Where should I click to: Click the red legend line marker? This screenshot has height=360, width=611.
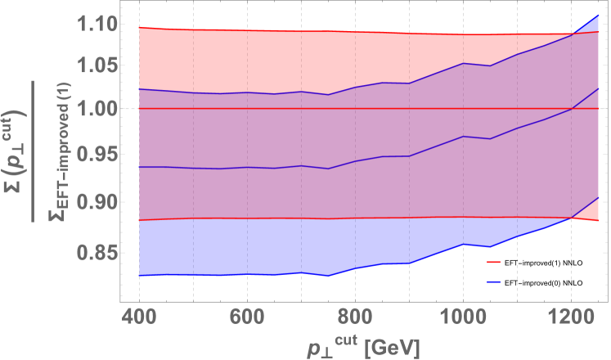coord(493,263)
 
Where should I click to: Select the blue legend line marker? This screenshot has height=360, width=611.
coord(493,281)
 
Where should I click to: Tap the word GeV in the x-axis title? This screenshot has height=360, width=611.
coord(396,347)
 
